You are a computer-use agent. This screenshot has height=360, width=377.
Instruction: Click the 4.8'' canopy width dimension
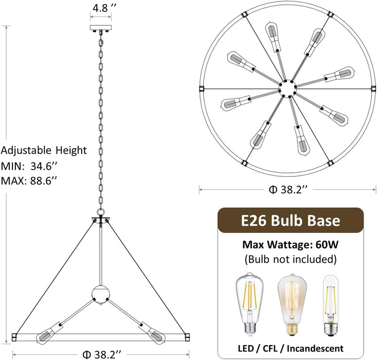tap(103, 8)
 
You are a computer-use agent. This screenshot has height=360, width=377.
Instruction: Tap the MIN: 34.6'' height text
tap(29, 166)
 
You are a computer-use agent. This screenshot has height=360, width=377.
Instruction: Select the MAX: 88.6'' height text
tap(29, 181)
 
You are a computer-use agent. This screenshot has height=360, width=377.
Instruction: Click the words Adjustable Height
tap(44, 150)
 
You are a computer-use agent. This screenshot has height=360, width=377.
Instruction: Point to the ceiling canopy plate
tap(101, 28)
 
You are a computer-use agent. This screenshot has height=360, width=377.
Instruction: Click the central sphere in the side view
tap(101, 294)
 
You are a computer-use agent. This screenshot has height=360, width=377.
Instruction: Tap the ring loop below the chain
tap(101, 212)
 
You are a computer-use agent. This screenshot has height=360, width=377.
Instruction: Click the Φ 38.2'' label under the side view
tap(101, 354)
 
